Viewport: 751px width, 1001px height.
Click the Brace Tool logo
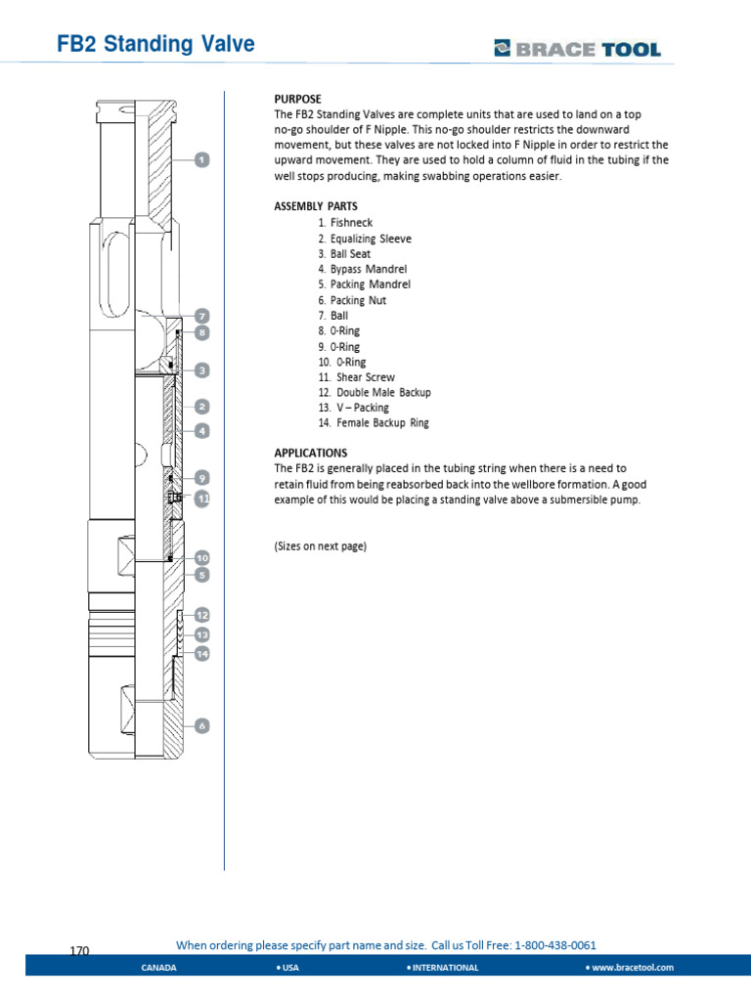click(577, 49)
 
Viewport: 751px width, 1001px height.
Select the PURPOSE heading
click(296, 100)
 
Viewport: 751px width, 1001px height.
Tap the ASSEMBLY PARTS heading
click(315, 206)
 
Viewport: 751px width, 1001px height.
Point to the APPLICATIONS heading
click(310, 453)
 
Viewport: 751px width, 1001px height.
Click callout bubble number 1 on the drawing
click(202, 159)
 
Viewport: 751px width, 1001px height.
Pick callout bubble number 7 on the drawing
click(201, 316)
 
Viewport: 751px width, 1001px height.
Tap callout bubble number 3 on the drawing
click(201, 370)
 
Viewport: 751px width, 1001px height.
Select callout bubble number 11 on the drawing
click(202, 498)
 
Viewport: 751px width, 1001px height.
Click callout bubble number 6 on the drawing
click(201, 726)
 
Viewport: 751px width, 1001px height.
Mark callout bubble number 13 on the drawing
click(201, 634)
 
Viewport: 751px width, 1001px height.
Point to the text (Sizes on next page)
click(320, 546)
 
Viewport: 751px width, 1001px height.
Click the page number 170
click(80, 951)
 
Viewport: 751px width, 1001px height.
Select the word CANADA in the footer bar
click(159, 967)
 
